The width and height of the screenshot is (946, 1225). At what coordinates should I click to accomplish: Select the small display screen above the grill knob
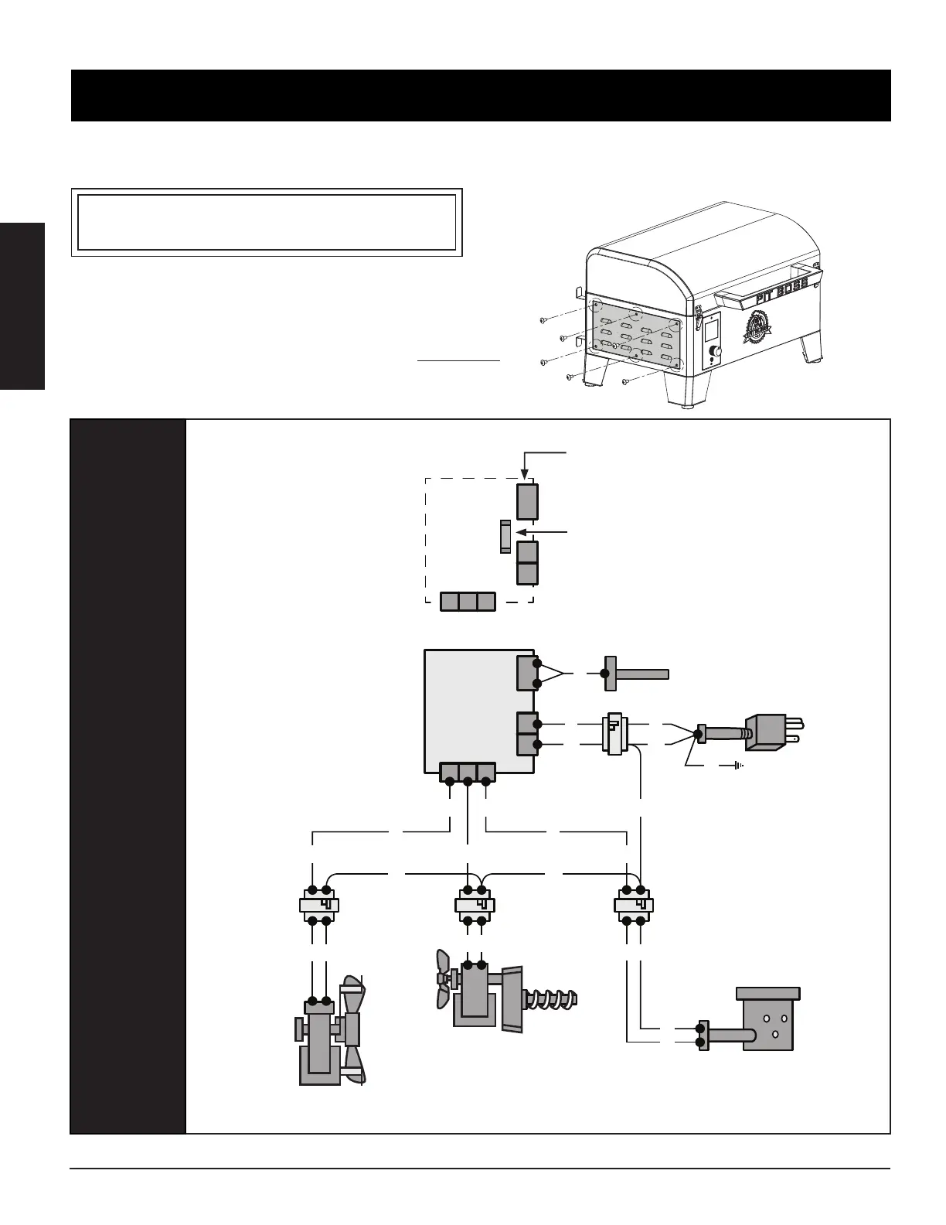[711, 330]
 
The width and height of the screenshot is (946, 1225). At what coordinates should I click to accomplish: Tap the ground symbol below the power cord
[739, 766]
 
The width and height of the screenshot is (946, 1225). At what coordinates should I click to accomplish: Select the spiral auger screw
[551, 998]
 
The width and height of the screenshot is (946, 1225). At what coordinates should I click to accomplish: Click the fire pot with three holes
[768, 1019]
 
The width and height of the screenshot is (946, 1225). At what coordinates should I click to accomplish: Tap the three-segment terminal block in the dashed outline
[468, 602]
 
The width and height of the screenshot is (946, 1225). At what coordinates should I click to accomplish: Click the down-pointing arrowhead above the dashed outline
[525, 479]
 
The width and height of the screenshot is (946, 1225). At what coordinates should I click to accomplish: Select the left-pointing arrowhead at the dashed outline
[517, 532]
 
